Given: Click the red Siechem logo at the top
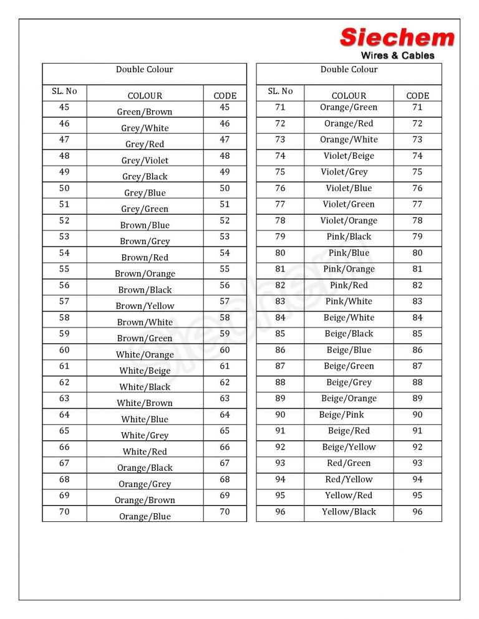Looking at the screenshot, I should click(397, 38).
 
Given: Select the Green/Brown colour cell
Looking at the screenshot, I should click(145, 112).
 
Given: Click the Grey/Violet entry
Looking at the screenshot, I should click(145, 161).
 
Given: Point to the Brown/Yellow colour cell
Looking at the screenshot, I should click(145, 306).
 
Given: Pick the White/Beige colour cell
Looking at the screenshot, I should click(145, 371).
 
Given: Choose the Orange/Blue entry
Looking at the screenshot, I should click(145, 517).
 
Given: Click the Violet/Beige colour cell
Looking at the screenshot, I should click(349, 156).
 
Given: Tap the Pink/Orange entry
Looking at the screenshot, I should click(349, 269).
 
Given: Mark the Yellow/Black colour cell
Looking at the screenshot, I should click(349, 512).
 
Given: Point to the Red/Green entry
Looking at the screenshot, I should click(349, 463).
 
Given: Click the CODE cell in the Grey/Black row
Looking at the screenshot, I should click(225, 172).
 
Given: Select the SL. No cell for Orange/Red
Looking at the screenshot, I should click(280, 123).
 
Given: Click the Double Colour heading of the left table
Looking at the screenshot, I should click(145, 70).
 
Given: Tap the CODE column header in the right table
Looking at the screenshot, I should click(417, 96).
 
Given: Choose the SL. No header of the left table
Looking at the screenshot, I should click(64, 91).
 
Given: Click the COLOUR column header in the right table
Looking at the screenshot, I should click(349, 96).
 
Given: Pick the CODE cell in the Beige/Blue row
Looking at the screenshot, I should click(417, 350).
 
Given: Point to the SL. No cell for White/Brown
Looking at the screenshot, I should click(64, 399).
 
